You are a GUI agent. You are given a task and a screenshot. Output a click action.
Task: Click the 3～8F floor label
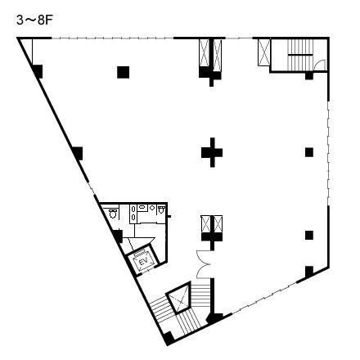34,20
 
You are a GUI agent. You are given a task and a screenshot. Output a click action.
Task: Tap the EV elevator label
143,262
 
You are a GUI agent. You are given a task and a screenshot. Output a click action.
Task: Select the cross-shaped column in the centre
212,152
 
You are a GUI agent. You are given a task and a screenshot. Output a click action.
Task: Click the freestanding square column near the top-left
124,72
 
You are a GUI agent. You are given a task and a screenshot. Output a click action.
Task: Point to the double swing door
203,264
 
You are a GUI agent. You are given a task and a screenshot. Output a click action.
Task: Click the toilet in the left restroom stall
113,214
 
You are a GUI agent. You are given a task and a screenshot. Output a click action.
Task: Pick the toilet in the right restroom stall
161,209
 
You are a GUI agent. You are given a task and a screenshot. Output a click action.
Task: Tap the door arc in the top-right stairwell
320,65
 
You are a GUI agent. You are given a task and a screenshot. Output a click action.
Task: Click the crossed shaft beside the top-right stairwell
263,52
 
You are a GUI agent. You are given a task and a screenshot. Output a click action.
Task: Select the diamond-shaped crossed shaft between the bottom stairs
179,297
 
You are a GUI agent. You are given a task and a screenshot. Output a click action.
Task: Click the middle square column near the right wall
309,152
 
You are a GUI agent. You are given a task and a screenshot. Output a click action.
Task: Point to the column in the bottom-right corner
309,272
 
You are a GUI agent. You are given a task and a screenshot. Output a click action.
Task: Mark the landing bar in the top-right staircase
300,55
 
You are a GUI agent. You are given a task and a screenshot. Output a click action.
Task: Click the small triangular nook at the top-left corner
27,51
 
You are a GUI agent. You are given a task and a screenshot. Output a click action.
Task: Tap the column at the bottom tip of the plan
169,338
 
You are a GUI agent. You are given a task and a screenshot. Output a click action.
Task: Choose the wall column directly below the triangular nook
38,71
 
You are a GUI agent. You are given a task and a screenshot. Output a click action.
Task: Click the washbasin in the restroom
142,207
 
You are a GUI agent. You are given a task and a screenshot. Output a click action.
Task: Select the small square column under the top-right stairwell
309,76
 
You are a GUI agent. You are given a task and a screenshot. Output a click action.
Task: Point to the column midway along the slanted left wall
78,153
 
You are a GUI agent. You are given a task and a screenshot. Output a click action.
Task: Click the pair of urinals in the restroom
133,213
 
